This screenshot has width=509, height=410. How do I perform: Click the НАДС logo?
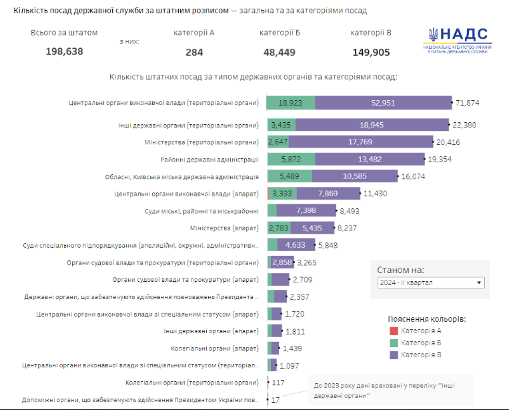[x=458, y=44]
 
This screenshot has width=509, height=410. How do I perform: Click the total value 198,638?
[x=64, y=51]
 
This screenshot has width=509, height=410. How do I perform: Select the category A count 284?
[x=194, y=51]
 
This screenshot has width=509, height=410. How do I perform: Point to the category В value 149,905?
[x=371, y=51]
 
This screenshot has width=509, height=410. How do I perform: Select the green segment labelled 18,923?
[x=291, y=103]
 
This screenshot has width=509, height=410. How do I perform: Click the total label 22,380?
[x=466, y=125]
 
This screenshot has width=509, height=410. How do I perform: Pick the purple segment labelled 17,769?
[x=370, y=142]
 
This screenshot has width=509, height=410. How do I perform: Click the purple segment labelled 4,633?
[x=296, y=245]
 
